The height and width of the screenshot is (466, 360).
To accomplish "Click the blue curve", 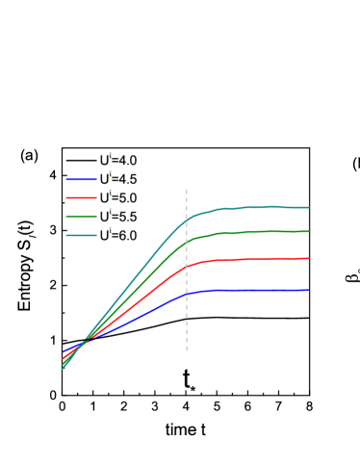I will tap(250, 290).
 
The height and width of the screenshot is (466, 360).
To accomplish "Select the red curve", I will tap(250, 259).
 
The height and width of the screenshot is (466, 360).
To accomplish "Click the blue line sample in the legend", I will tap(81, 180).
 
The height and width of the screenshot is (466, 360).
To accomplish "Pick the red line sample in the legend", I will tap(81, 197).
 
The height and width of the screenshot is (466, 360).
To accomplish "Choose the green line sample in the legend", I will tap(81, 217).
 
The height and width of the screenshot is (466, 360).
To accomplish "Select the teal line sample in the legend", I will tap(81, 235).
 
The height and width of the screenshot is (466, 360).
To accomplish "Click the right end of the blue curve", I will tap(308, 290).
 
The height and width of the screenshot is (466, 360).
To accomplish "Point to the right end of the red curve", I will tap(308, 258).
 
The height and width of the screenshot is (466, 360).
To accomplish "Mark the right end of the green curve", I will tap(308, 231).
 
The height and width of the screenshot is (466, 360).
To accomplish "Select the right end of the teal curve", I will tap(308, 207).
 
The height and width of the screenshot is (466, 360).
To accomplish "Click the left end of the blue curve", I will tap(64, 351).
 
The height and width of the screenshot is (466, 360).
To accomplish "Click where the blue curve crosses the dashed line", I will tap(186, 294).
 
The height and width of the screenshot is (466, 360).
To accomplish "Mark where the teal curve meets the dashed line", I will tap(186, 220).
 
